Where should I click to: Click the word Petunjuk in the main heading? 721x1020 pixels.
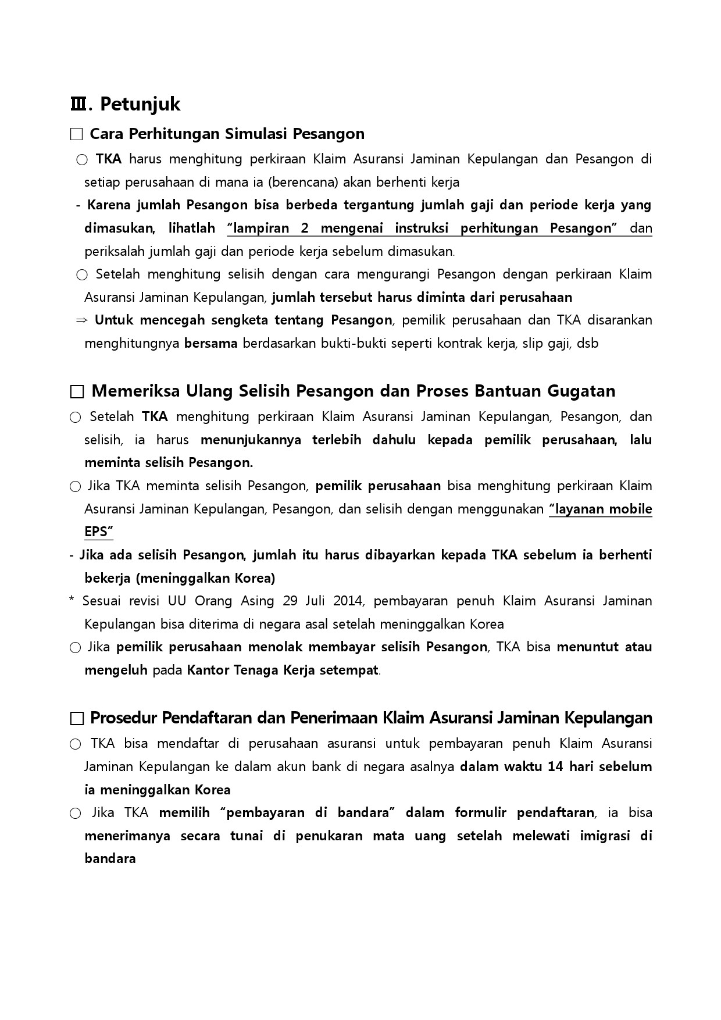point(140,104)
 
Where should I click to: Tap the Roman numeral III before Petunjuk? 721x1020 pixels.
point(77,104)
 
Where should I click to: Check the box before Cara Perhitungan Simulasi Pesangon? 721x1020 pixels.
point(76,134)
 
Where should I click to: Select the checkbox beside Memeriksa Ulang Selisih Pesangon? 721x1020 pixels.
point(76,391)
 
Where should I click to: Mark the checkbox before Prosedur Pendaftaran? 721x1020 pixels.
point(76,719)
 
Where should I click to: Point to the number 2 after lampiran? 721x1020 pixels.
point(304,228)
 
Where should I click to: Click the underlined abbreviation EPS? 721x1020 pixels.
point(98,532)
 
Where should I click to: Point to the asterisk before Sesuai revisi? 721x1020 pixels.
point(71,600)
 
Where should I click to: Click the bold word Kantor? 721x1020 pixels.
point(207,670)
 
